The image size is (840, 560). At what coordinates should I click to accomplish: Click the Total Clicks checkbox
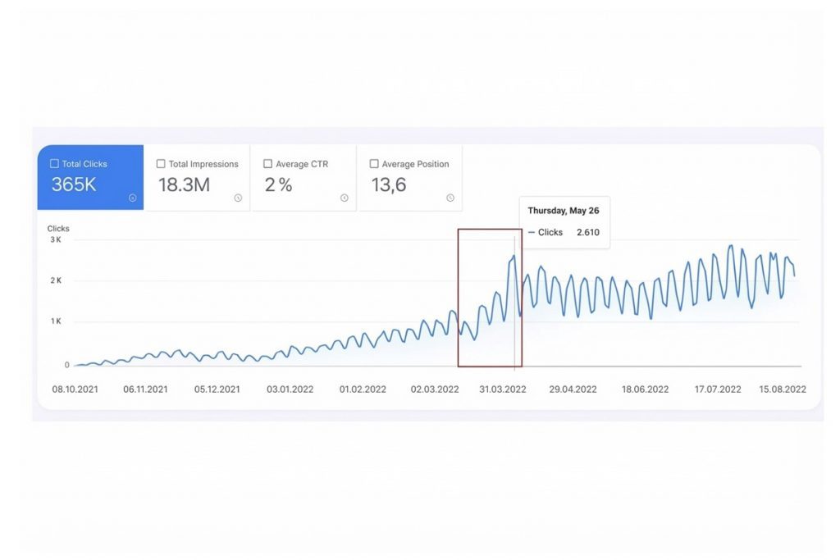[55, 164]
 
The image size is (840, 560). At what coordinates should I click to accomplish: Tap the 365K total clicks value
[74, 184]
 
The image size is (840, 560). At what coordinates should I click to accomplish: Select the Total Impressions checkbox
[161, 164]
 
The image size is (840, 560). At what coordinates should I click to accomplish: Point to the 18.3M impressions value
[184, 184]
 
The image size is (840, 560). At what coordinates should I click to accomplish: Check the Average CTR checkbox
[267, 164]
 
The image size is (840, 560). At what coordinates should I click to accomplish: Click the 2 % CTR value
[278, 184]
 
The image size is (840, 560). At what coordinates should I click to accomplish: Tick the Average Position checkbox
[374, 164]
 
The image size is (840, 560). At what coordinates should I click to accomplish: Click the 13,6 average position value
[389, 184]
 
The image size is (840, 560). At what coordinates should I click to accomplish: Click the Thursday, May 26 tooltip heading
[563, 211]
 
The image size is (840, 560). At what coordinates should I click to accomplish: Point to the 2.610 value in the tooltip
[587, 233]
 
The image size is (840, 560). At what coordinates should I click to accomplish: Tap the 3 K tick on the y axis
[56, 239]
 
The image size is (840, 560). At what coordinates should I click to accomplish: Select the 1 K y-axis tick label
[56, 321]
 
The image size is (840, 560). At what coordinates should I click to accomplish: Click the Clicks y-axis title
[58, 229]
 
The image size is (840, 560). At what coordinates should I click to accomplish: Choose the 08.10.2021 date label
[75, 389]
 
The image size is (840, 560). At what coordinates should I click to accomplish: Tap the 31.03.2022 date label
[503, 389]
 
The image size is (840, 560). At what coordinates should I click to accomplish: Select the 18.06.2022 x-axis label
[644, 389]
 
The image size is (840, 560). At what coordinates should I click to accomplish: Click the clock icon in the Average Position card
[450, 198]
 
